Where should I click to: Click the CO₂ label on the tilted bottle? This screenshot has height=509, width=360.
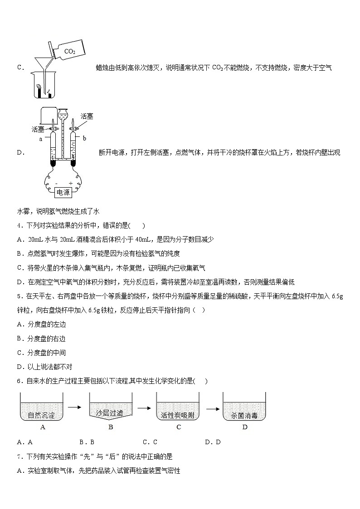pos(70,51)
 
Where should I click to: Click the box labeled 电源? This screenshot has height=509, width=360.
pos(63,193)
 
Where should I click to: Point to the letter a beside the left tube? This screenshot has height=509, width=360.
pos(41,139)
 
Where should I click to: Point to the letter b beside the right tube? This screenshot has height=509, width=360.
pos(84,138)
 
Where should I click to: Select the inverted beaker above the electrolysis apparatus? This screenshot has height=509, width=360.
pos(49,116)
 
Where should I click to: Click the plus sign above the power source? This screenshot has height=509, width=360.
pos(70,184)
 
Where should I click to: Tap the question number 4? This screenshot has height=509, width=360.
pos(19,225)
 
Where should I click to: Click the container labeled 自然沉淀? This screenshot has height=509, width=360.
pos(42,407)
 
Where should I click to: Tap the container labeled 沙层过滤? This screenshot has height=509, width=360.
pos(110,407)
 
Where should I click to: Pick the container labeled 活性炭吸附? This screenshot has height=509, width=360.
pos(178,407)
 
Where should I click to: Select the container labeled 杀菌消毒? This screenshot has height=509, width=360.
pos(244,407)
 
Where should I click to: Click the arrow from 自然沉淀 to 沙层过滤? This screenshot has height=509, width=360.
pos(74,407)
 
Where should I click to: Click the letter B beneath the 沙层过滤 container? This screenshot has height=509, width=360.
pos(110,427)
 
